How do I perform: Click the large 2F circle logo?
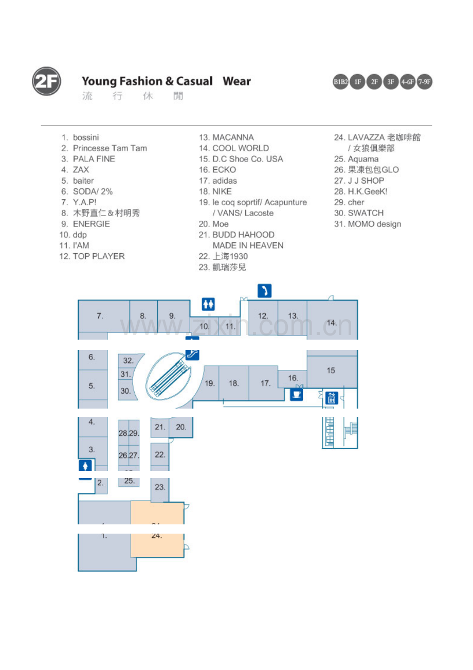(x=46, y=81)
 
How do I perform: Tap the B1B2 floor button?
(x=340, y=82)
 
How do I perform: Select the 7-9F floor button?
(x=424, y=82)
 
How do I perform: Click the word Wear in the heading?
(x=236, y=81)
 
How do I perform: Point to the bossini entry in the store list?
(x=80, y=137)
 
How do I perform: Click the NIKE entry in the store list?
(x=215, y=191)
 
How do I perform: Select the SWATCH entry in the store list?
(x=359, y=213)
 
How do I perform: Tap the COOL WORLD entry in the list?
(x=234, y=148)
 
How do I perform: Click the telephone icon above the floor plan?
(x=264, y=291)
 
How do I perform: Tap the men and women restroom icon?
(x=208, y=304)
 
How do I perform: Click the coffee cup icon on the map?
(x=297, y=395)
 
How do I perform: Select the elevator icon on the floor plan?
(x=332, y=398)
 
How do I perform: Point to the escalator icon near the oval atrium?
(x=192, y=354)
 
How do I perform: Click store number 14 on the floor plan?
(x=332, y=323)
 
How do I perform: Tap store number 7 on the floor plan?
(x=100, y=316)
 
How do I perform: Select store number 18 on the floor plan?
(x=233, y=383)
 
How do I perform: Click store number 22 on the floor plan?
(x=160, y=455)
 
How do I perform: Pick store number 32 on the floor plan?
(x=128, y=360)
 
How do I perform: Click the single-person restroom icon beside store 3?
(x=85, y=466)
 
